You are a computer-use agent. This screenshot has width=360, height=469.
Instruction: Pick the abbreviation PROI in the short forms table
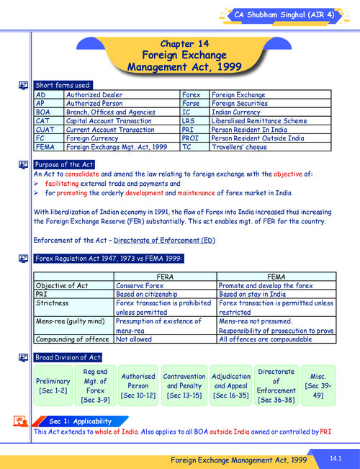click(191, 138)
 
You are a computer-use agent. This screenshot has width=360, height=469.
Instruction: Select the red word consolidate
click(82, 174)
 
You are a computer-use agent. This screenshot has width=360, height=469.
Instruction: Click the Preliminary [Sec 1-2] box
click(53, 385)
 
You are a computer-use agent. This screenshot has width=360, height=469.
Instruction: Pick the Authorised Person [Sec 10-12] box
click(138, 385)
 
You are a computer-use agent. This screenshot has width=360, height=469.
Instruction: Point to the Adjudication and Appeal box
click(230, 385)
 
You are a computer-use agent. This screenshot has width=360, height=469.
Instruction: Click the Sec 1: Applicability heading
click(80, 421)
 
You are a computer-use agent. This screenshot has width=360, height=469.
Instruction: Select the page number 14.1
click(335, 458)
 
